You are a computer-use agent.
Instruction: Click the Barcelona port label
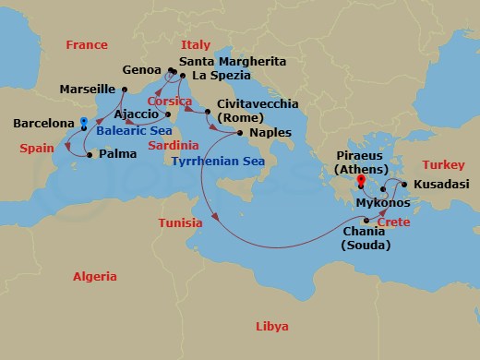click(x=42, y=122)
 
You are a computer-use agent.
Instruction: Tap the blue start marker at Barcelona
click(x=84, y=121)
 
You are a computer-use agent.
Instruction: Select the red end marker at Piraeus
click(x=359, y=182)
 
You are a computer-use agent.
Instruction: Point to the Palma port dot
click(x=89, y=154)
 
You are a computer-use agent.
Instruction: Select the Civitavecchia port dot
click(x=207, y=106)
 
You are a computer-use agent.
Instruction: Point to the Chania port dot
click(x=366, y=220)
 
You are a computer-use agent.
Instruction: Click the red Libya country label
click(x=271, y=327)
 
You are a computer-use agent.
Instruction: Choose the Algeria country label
click(x=95, y=277)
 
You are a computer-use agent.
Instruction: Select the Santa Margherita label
click(x=240, y=61)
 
